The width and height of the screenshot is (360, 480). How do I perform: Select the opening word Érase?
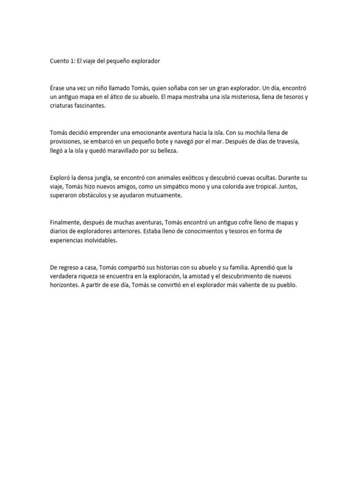pyautogui.click(x=59, y=89)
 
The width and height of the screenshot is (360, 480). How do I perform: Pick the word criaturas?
pyautogui.click(x=63, y=106)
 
